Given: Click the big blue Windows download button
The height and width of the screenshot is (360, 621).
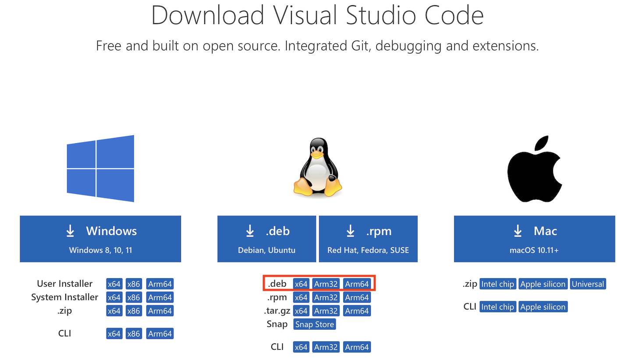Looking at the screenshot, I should [100, 239].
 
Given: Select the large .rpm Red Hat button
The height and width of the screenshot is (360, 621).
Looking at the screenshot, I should [368, 239].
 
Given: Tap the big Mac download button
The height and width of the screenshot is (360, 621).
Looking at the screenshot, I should [534, 239].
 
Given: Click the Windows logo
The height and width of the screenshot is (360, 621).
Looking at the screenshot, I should [100, 169].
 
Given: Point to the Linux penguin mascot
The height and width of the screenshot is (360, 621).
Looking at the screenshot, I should [317, 167].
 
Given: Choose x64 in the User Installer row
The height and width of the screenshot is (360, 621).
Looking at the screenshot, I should [114, 284].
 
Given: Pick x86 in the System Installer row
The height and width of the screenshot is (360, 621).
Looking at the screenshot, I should [133, 298].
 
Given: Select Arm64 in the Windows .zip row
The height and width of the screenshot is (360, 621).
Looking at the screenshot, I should [160, 311].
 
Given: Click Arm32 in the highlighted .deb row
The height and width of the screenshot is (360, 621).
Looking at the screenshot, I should [326, 284].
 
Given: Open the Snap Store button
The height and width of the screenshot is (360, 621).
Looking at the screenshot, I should [315, 325].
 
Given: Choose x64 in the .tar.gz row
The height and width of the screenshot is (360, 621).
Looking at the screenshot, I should [301, 311].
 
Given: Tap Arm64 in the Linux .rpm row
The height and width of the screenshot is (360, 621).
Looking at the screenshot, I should [357, 298].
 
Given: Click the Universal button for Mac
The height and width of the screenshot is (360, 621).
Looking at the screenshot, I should [588, 284].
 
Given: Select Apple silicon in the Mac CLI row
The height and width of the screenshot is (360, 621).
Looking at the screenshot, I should [543, 307].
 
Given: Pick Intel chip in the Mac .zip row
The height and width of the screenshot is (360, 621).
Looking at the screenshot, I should [497, 284].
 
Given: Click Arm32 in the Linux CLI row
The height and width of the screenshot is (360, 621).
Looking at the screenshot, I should [326, 347].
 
